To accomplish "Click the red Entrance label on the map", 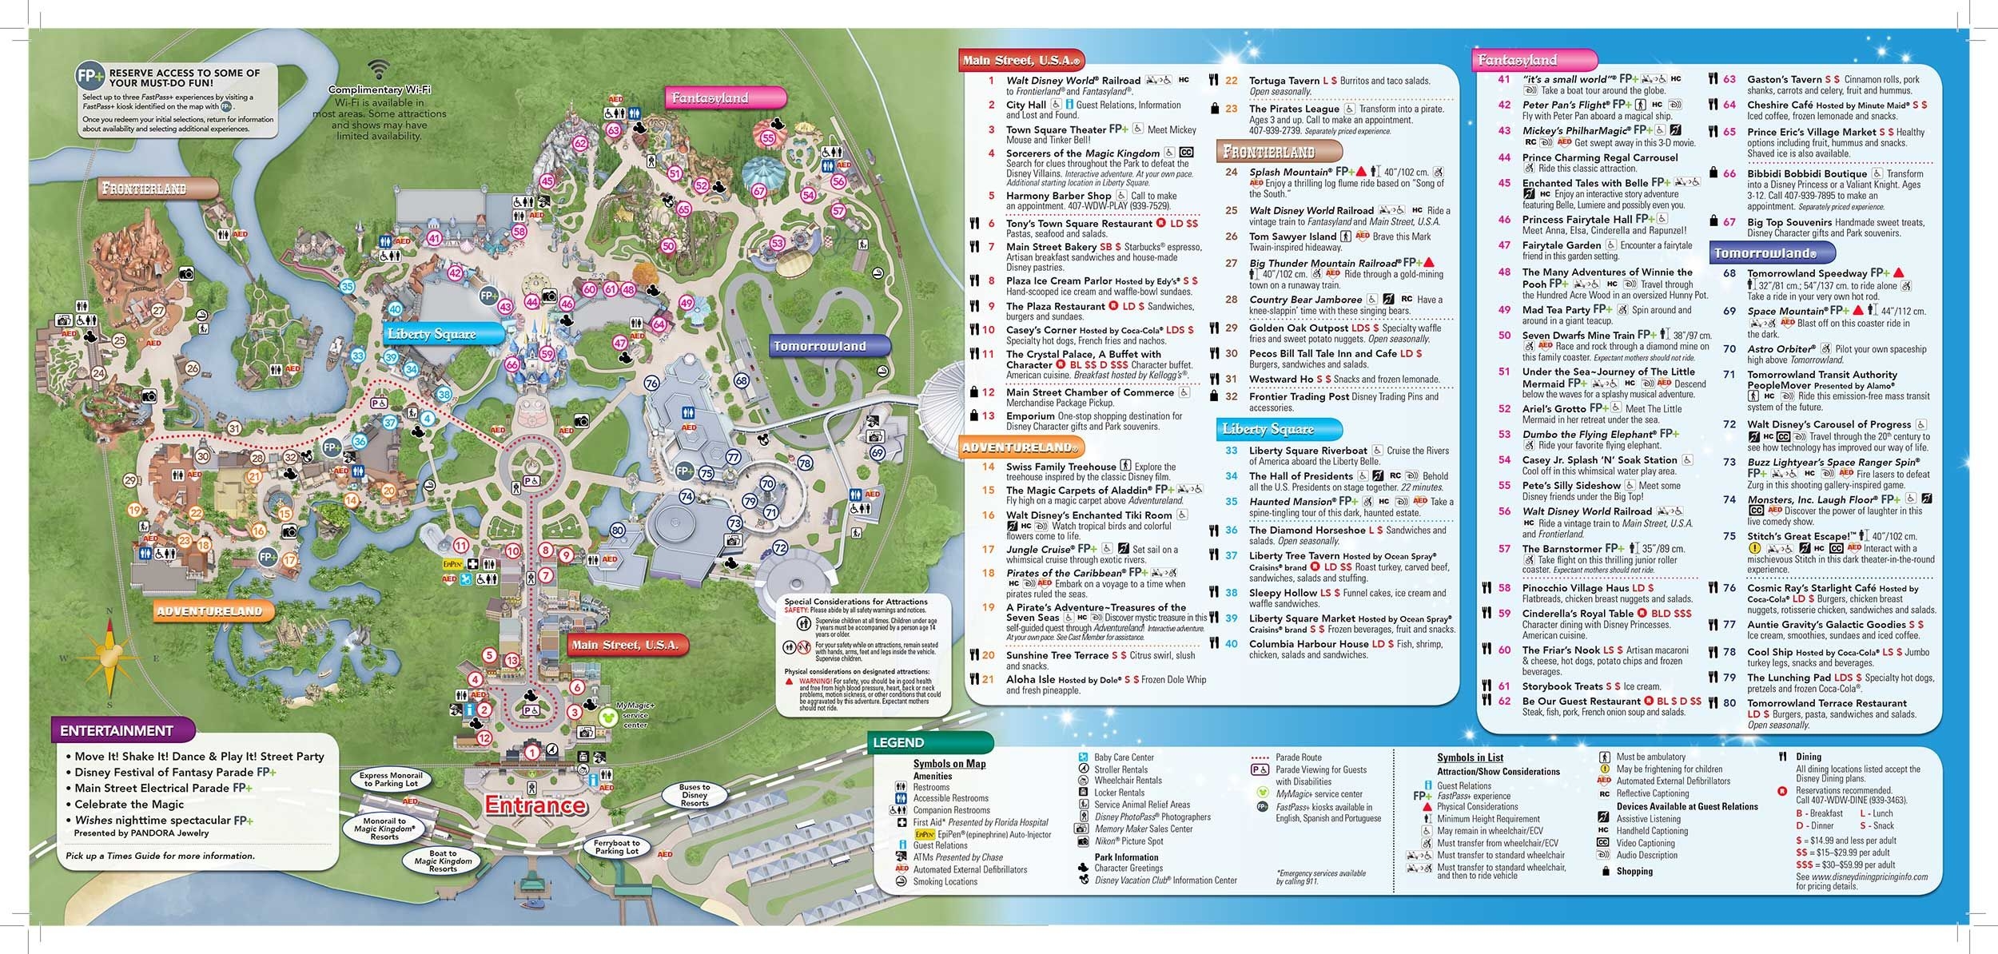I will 535,805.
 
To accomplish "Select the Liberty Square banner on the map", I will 432,334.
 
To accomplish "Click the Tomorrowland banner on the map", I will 819,346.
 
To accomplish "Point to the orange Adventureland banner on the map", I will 209,611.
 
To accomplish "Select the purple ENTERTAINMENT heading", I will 117,730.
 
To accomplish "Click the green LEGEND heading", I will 898,742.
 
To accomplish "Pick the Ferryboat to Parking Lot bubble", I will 616,847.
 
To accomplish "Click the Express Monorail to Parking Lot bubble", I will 391,779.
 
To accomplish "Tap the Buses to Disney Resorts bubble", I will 695,795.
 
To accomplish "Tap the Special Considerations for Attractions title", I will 856,602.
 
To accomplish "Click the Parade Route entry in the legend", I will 1298,757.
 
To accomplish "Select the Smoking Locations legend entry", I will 945,881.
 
